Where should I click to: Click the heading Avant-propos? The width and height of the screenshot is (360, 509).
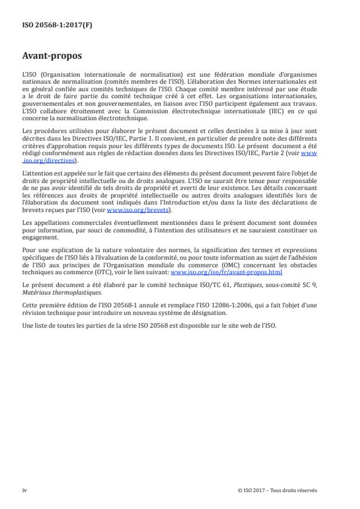pos(52,57)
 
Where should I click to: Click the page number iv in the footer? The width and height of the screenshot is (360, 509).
pos(24,490)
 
